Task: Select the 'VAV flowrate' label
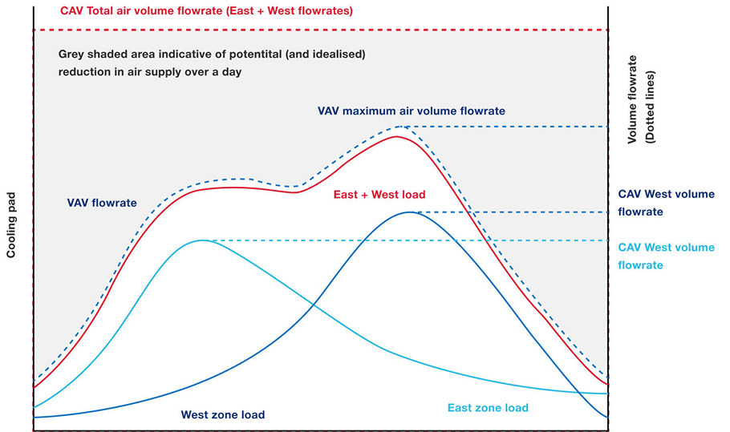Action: tap(102, 203)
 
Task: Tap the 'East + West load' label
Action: tap(379, 194)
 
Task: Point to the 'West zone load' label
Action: tap(223, 414)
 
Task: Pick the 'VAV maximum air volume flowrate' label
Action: tap(412, 111)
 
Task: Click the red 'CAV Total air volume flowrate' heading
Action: tap(207, 12)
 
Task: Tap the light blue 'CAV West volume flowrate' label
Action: tap(666, 256)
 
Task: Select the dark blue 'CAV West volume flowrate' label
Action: tap(666, 203)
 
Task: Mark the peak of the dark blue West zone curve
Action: tap(411, 212)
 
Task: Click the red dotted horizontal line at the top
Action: tap(321, 30)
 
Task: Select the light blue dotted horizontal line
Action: tap(401, 240)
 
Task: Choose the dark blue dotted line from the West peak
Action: tap(513, 212)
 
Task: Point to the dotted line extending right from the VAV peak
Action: tap(513, 127)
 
